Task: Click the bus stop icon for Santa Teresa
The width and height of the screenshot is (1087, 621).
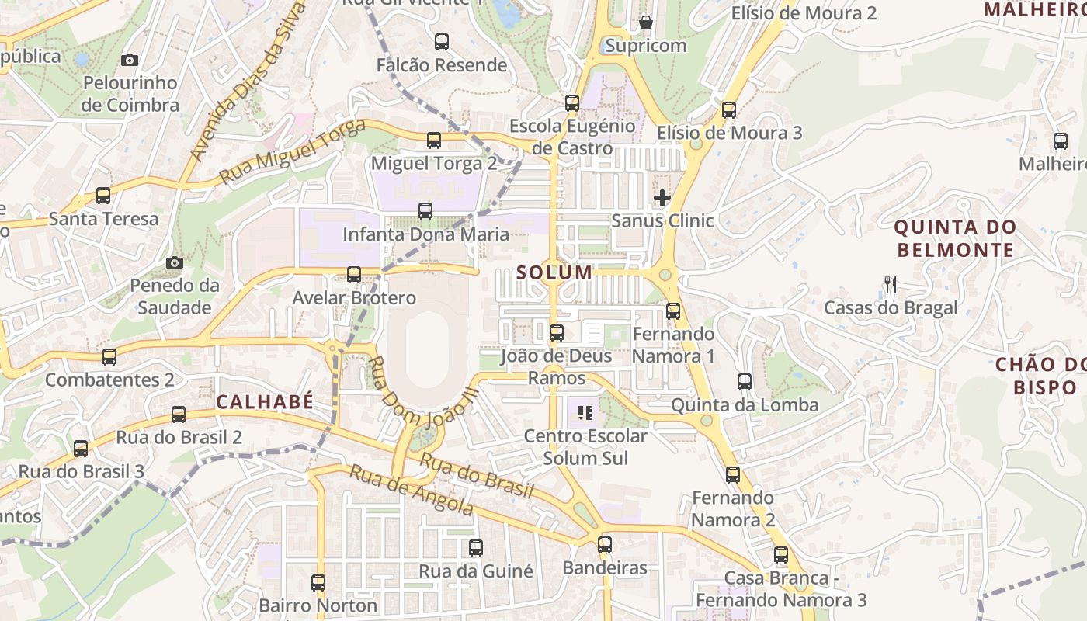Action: (103, 196)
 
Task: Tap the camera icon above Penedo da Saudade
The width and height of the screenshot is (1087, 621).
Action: (175, 262)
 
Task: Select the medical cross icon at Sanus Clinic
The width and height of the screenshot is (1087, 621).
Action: (662, 198)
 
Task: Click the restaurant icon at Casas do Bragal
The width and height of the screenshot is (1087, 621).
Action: (891, 285)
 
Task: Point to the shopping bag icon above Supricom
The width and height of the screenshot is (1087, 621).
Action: (645, 23)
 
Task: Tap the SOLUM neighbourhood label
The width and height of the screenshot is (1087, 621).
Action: (554, 272)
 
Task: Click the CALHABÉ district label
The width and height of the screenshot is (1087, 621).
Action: (265, 401)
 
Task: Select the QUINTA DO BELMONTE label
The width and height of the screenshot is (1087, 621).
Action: (955, 238)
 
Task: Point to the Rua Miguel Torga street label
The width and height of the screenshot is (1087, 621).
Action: (292, 153)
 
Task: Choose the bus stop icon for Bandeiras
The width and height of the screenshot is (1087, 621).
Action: (605, 545)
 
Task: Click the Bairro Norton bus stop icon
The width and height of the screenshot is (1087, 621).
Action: (318, 582)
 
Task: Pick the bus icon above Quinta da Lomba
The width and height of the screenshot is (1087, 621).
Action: (745, 382)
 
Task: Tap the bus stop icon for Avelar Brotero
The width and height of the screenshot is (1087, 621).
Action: (354, 274)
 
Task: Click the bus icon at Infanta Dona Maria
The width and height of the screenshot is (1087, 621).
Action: (425, 210)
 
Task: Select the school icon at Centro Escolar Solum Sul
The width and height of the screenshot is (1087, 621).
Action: (585, 412)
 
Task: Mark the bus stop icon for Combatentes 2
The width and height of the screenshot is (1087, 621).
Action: (109, 357)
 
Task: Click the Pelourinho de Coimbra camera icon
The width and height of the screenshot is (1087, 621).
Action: (130, 60)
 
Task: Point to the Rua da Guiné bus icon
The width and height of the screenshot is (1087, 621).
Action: (476, 548)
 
